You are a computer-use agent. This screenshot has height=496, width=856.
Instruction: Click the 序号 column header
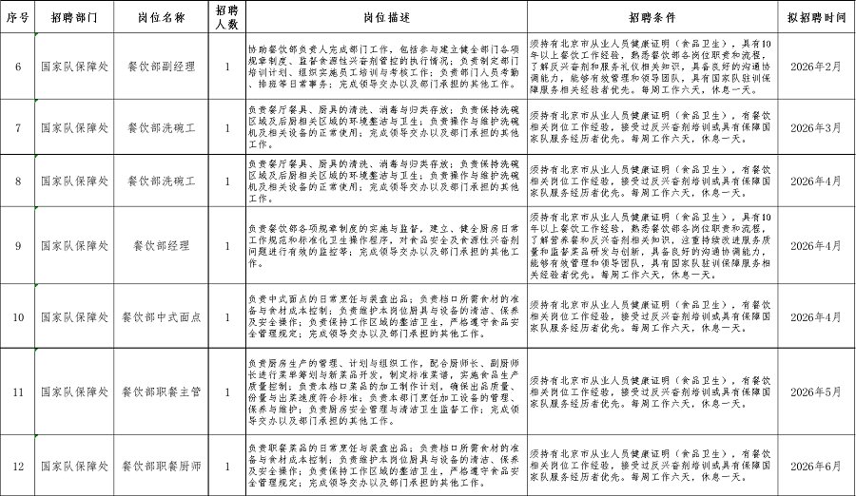click(18, 18)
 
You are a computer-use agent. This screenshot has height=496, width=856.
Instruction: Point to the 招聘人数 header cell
click(226, 18)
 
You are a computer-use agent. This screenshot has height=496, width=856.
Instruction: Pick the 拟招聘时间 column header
click(815, 18)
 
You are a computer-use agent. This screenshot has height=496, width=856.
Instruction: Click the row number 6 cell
click(18, 67)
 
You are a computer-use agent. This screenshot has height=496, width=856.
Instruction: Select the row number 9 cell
click(18, 245)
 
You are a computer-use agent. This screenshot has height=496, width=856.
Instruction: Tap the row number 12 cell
click(18, 466)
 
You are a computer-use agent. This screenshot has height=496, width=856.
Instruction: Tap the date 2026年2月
click(815, 67)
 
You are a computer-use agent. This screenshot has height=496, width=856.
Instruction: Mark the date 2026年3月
click(815, 126)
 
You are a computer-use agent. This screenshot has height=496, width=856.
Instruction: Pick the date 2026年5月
click(815, 391)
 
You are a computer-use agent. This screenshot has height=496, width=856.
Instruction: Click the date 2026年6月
click(815, 466)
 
